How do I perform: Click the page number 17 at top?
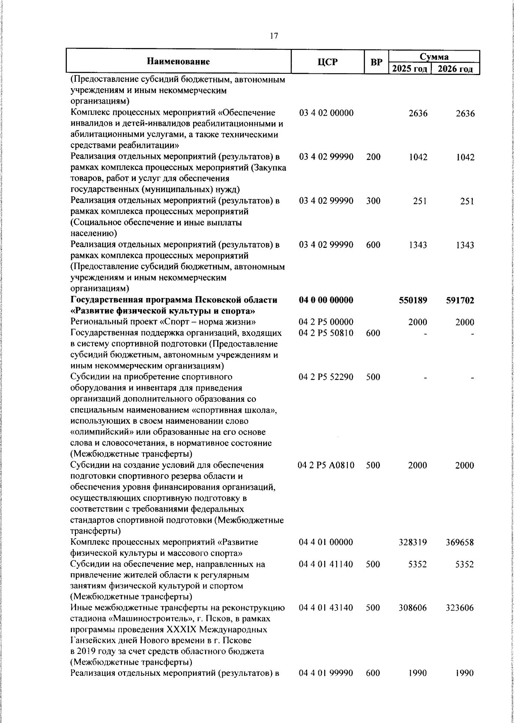point(274,36)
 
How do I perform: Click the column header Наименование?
point(178,61)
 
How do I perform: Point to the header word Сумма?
point(434,57)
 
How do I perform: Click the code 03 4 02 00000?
point(326,113)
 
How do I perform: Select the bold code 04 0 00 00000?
point(326,300)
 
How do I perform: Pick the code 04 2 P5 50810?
point(326,333)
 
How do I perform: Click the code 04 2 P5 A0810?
point(326,465)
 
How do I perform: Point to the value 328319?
point(413,542)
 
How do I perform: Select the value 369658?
point(460,542)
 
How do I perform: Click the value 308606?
point(413,609)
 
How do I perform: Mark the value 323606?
point(460,609)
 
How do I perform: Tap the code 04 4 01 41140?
point(326,564)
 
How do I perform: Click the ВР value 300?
point(373,201)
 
